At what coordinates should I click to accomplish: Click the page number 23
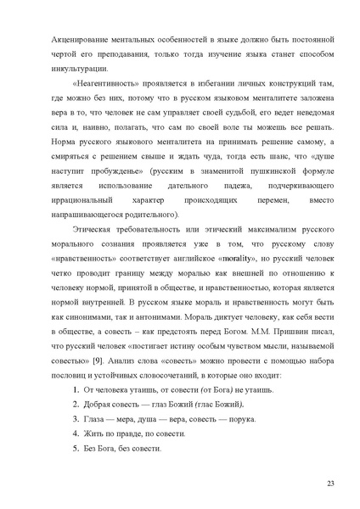[329, 482]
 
